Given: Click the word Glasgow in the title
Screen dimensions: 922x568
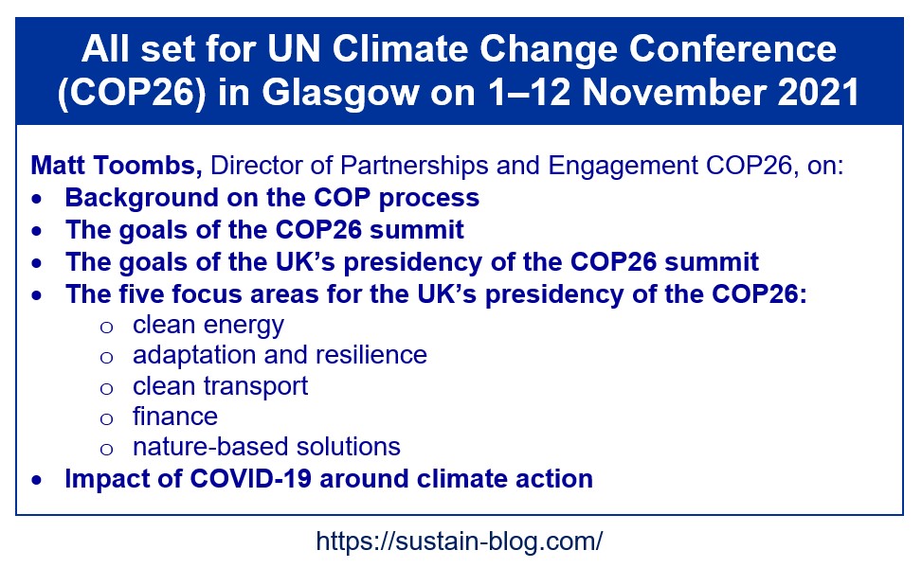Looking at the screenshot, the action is tap(340, 94).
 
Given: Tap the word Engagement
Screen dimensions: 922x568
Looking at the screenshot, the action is tap(624, 168).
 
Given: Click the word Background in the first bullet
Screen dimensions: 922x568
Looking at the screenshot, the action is tap(141, 199).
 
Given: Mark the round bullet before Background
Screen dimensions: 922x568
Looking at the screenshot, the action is tap(37, 200).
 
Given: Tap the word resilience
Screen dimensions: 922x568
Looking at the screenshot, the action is tap(371, 355).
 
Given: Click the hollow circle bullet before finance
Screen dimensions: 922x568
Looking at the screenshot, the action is tap(106, 418).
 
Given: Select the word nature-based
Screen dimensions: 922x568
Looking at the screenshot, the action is tap(210, 447).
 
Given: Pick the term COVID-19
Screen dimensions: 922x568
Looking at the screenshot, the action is tap(250, 479).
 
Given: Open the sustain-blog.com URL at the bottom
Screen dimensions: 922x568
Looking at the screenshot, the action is tap(460, 541).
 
